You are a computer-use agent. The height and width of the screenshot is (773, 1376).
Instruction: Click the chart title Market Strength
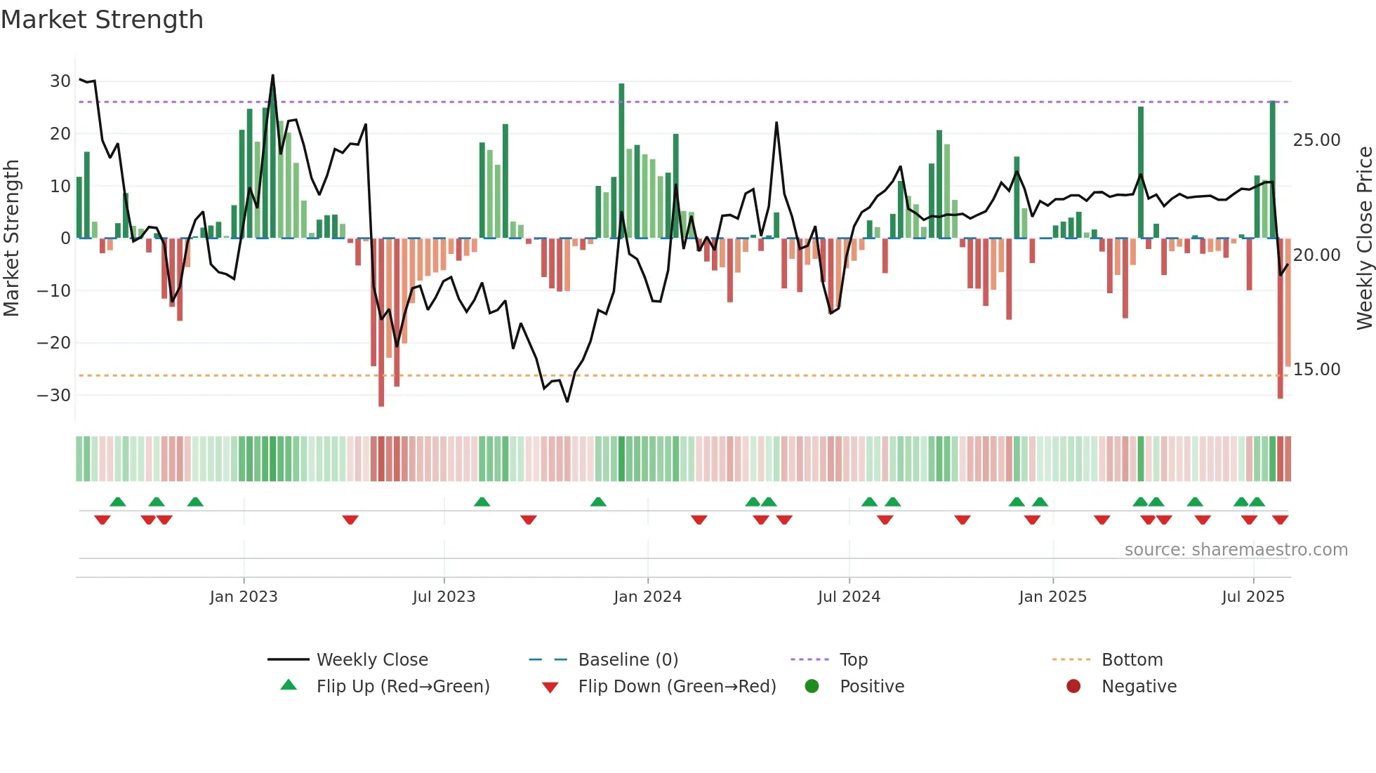point(102,20)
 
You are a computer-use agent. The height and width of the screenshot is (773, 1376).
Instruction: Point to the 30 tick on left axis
point(60,81)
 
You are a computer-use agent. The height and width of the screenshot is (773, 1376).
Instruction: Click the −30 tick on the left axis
point(54,396)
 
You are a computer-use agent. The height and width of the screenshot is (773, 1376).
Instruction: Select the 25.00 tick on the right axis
point(1316,140)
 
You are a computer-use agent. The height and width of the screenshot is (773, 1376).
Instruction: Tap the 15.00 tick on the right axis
point(1316,370)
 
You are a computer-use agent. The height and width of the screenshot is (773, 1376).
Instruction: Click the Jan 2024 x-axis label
point(647,597)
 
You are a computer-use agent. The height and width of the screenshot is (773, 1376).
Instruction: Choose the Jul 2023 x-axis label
point(444,597)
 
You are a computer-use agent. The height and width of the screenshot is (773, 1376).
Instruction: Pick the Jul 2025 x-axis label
point(1253,597)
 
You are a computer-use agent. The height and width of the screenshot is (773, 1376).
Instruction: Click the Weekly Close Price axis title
point(1364,238)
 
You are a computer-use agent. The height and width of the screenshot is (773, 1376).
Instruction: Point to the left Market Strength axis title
point(11,238)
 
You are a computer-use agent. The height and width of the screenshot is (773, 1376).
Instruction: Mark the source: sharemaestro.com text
point(1236,550)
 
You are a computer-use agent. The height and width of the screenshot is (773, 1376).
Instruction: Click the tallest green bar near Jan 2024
point(621,161)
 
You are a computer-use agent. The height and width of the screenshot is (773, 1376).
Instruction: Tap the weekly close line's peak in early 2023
point(273,76)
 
